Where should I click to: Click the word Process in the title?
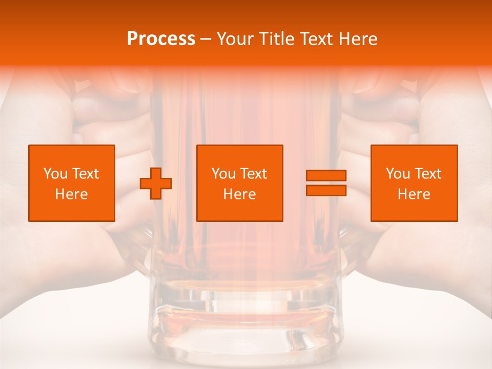tap(161, 39)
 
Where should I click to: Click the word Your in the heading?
tap(235, 39)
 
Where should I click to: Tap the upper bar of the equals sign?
tap(326, 175)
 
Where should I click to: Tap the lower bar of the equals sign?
tap(326, 190)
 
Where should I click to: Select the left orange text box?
tap(72, 183)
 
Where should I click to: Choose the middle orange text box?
tap(240, 183)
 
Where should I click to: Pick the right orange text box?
tap(414, 183)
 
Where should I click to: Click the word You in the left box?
tap(55, 174)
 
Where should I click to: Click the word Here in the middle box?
tap(240, 194)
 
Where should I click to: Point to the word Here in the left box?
tap(72, 194)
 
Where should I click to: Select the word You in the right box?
tap(398, 174)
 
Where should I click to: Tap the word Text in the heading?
tap(313, 39)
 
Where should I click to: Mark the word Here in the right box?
tap(414, 194)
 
